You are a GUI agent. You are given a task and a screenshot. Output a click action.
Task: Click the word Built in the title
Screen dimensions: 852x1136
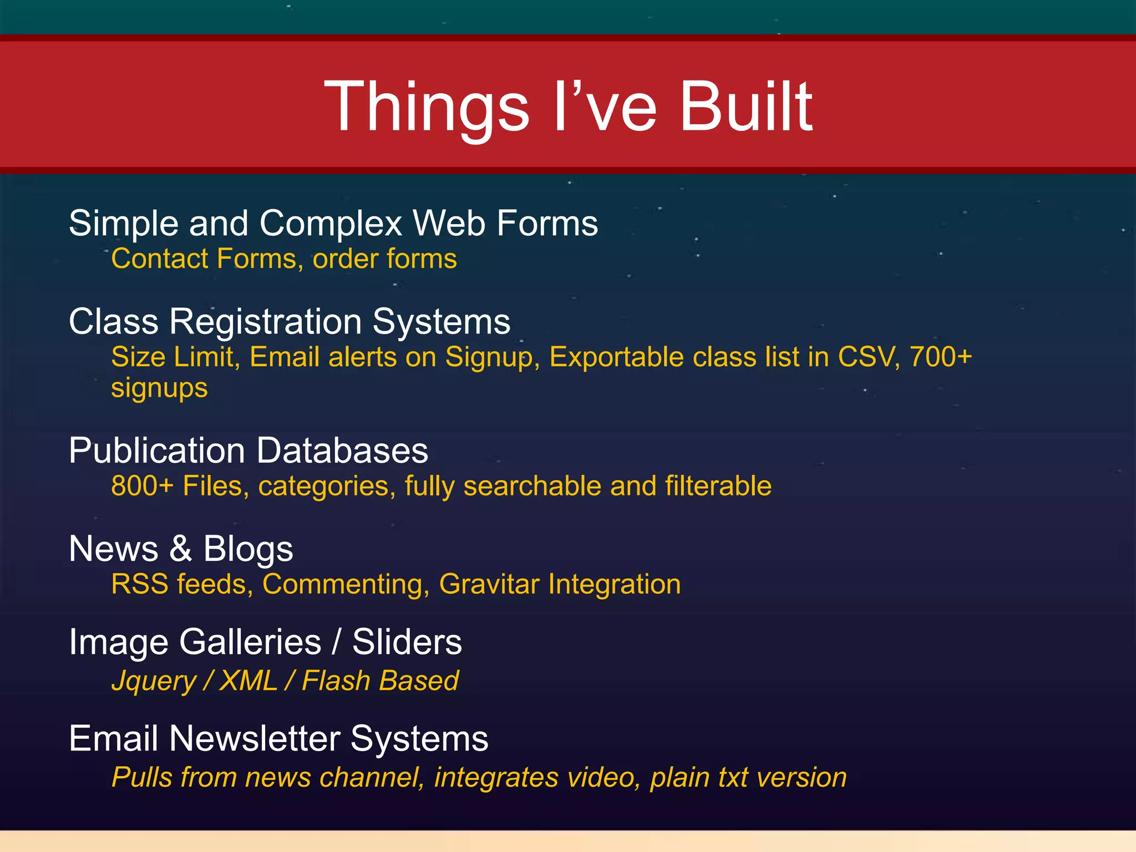[x=745, y=106]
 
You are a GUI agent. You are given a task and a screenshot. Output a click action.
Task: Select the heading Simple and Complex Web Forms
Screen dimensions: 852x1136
[x=333, y=224]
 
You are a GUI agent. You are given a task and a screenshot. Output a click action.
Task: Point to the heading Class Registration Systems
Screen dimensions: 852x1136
[x=290, y=322]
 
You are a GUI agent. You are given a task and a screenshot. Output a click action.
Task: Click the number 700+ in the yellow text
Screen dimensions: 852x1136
[x=941, y=357]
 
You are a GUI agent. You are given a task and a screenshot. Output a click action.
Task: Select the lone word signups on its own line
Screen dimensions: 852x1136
[x=159, y=388]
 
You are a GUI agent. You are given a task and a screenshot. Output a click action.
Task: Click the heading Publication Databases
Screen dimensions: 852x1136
[x=248, y=450]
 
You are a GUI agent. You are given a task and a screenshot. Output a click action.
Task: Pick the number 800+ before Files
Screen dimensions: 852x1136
[x=142, y=486]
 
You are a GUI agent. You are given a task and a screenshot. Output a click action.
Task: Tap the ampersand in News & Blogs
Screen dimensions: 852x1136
[x=180, y=549]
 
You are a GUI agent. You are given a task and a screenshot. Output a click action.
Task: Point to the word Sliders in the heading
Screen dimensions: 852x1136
[x=407, y=642]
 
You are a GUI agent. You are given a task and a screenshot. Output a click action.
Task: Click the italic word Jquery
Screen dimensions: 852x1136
[x=154, y=681]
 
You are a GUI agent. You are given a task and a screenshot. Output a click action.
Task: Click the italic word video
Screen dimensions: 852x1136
[x=600, y=777]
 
